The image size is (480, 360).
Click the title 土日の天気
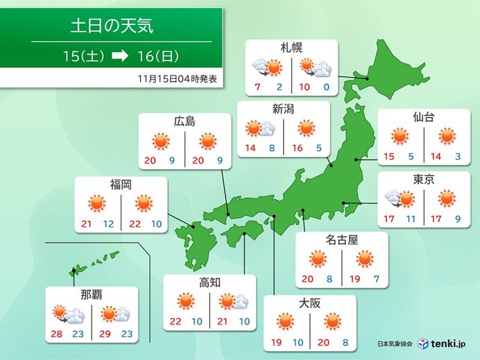pos(112,27)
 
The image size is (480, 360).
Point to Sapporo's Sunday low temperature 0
pos(325,87)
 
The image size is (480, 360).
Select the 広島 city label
pos(185,122)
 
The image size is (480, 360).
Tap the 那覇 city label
pos(91,295)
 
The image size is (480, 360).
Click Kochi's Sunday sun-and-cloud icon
pos(232,302)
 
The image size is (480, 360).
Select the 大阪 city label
pos(309,303)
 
